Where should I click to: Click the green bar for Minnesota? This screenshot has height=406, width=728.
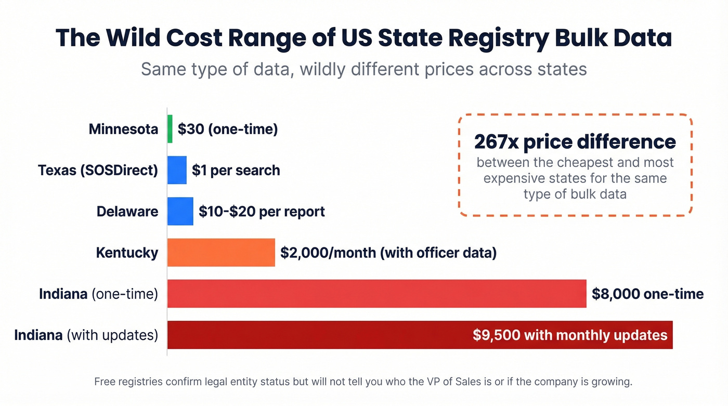click(x=170, y=129)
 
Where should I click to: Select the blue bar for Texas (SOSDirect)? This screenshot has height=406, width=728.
click(x=177, y=170)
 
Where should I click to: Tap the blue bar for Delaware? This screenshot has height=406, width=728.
click(x=180, y=212)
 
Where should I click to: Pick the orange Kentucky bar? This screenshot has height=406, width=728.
click(x=221, y=253)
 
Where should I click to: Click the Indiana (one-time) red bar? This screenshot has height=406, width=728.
click(x=376, y=294)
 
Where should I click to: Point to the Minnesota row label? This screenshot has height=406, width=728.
click(x=123, y=129)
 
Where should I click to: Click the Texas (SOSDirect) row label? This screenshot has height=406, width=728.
click(x=98, y=170)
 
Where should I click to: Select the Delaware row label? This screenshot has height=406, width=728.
click(x=127, y=212)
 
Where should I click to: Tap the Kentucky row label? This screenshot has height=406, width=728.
click(x=127, y=253)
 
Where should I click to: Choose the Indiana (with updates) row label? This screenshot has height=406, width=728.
click(x=86, y=335)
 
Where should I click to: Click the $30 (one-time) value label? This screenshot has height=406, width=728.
click(x=228, y=129)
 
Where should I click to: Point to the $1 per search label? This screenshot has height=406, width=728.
click(x=236, y=170)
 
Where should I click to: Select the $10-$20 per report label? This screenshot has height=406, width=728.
click(x=262, y=212)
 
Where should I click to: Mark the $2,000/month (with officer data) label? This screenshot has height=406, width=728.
click(x=388, y=253)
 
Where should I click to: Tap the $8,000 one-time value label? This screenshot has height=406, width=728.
click(x=647, y=294)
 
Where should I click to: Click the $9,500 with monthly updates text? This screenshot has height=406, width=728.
click(x=570, y=335)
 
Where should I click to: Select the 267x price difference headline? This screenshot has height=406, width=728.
click(x=575, y=142)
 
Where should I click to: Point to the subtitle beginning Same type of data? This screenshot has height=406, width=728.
click(x=363, y=69)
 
